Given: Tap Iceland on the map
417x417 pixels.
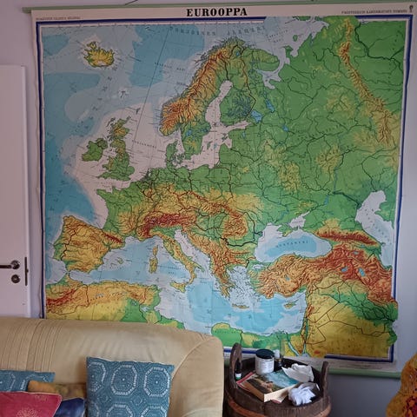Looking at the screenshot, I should pyautogui.click(x=98, y=56).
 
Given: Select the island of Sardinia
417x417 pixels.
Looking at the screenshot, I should pyautogui.click(x=154, y=259).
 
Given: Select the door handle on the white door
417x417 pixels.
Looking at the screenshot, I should pyautogui.click(x=10, y=264).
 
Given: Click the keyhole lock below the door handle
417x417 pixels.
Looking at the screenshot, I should pyautogui.click(x=15, y=279).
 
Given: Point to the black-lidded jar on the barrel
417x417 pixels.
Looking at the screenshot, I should pyautogui.click(x=264, y=361).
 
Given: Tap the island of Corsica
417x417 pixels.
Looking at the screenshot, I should pyautogui.click(x=156, y=242).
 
